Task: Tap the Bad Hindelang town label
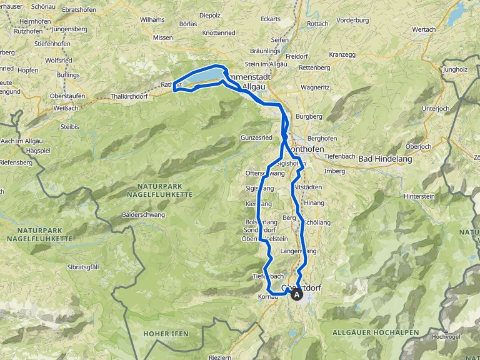coord(384,159)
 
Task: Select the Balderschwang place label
coord(144,214)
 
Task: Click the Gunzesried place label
coord(256,137)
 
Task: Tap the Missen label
coord(162,37)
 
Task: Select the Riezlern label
coord(219,357)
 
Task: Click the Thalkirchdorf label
coord(127,97)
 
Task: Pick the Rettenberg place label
coord(314,67)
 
